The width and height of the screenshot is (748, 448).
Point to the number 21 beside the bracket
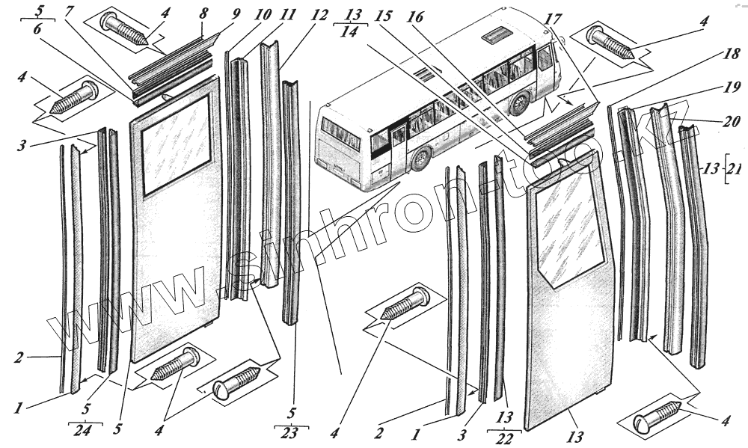coord(735,168)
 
